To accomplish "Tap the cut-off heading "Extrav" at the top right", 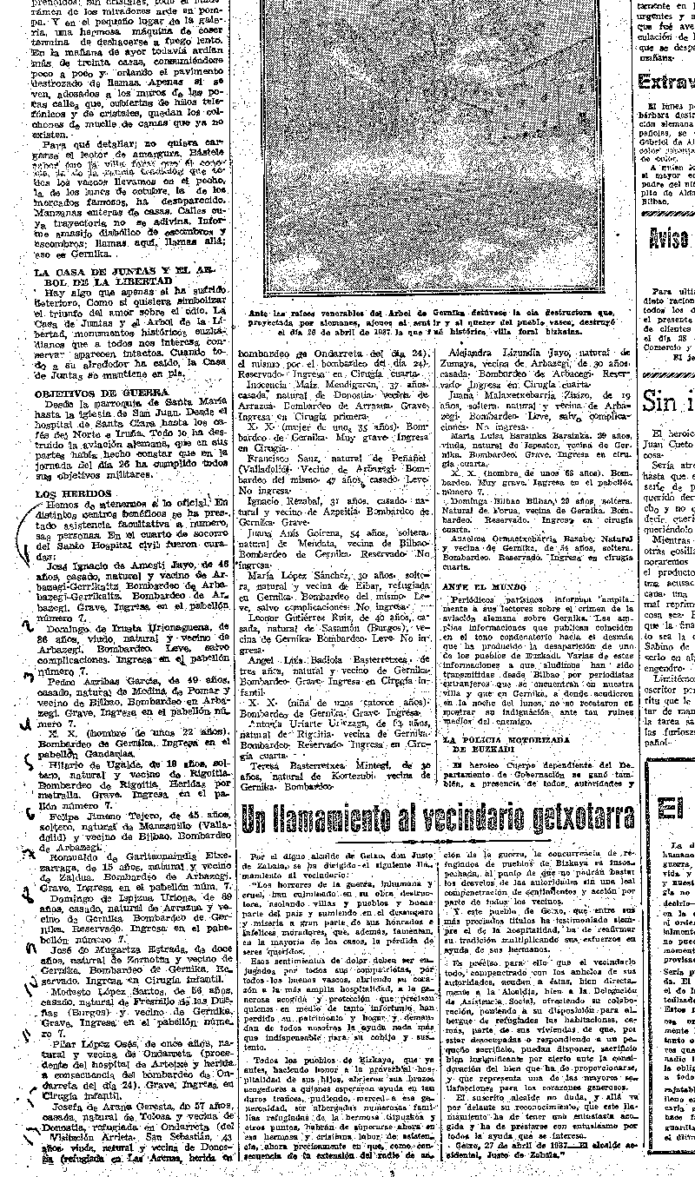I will coord(665,83).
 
